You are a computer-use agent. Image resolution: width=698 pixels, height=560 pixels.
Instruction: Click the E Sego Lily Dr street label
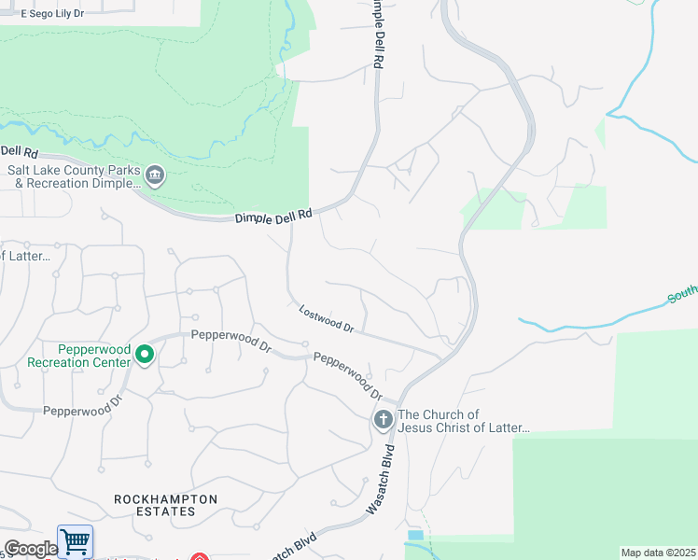(x=52, y=14)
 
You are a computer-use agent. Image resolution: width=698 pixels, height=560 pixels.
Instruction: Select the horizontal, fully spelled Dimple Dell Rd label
(x=272, y=216)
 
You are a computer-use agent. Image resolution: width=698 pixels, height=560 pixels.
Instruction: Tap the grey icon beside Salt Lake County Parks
(x=155, y=174)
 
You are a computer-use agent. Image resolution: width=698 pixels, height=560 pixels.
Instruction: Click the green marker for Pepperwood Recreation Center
(x=145, y=355)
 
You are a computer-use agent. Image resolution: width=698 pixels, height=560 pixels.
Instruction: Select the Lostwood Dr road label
(x=326, y=320)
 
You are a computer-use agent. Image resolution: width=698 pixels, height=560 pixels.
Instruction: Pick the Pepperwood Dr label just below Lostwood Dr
(x=348, y=373)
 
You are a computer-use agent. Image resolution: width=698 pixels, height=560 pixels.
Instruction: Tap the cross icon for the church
(x=383, y=421)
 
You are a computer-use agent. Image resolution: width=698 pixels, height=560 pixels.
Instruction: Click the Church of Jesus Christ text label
(x=464, y=421)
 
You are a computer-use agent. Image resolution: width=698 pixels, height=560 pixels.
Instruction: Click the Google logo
(x=30, y=549)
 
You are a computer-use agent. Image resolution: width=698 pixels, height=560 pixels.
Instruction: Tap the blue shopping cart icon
(x=75, y=541)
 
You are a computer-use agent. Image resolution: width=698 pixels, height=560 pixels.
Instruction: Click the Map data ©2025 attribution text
(x=658, y=553)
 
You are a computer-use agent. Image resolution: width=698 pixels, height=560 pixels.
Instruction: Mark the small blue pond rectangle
(x=415, y=535)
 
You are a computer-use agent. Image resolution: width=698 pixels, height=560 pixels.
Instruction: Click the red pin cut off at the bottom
(x=199, y=557)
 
